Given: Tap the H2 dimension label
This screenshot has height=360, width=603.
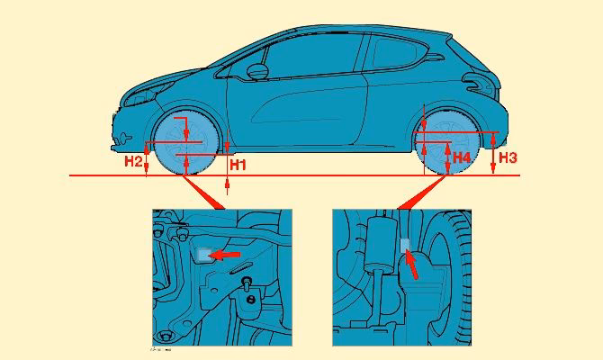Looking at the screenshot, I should click(x=133, y=161).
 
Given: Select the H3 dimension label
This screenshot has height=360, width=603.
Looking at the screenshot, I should click(x=507, y=157).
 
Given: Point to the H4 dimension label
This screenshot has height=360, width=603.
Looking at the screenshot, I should click(x=461, y=157).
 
